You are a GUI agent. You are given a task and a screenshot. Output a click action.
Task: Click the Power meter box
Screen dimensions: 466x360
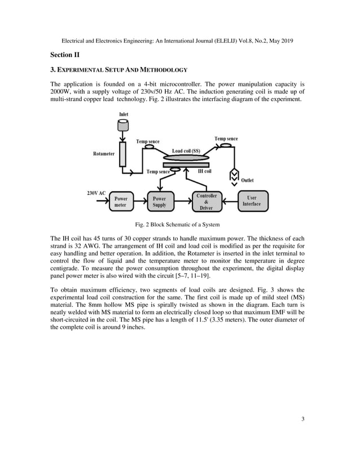(121, 202)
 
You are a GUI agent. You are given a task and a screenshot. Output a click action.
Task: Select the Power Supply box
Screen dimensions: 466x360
(160, 202)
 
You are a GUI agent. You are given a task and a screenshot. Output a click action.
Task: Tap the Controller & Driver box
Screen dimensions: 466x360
(206, 201)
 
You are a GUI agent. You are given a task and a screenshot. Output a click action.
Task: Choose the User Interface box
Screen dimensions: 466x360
(252, 201)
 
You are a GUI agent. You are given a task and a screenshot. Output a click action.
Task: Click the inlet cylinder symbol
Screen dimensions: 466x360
(123, 126)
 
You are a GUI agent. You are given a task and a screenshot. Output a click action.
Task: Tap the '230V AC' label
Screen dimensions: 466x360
(96, 193)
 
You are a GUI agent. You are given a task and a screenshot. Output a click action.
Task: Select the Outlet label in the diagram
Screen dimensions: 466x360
(247, 181)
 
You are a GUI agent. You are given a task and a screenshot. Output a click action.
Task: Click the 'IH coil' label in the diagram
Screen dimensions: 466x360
(204, 171)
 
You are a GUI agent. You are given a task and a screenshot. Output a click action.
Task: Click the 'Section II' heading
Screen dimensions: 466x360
(65, 55)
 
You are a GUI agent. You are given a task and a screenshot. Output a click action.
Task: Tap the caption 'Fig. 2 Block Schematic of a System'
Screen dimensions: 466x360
(179, 224)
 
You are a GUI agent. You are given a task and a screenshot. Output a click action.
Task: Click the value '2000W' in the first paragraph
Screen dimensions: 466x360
(62, 92)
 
